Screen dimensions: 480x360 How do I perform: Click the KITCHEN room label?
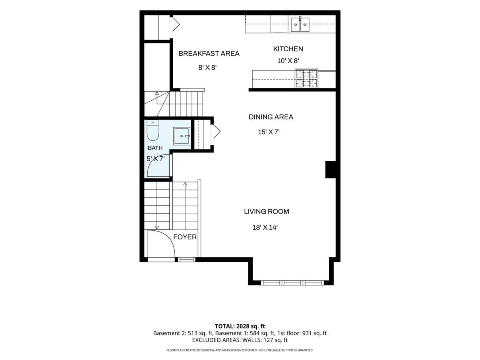[288, 49]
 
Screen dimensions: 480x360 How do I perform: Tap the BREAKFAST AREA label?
[209, 54]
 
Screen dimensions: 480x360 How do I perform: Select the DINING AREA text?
[271, 117]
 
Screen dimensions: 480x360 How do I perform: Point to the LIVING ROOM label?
[266, 211]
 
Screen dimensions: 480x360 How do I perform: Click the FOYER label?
[185, 237]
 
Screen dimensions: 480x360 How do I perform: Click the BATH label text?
[155, 148]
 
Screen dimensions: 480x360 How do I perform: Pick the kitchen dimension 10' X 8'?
[288, 61]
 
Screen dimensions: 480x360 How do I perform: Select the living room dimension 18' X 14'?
[265, 228]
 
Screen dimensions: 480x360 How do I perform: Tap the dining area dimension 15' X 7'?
[269, 132]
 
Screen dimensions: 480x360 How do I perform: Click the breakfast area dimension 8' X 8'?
[207, 68]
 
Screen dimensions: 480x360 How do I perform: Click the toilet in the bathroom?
[153, 130]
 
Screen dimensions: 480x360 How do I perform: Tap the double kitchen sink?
[300, 24]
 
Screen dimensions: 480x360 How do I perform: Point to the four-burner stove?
[306, 78]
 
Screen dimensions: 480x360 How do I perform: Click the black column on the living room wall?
[330, 170]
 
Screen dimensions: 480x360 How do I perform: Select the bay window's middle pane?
[292, 283]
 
